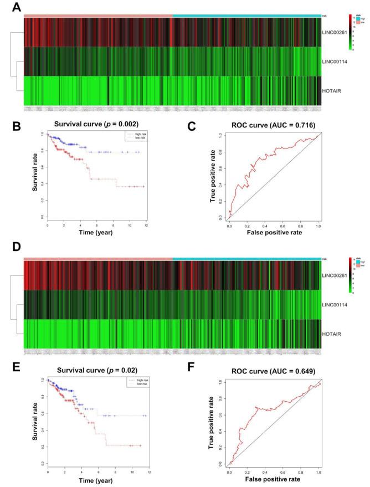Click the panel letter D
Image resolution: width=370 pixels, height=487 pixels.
click(x=16, y=247)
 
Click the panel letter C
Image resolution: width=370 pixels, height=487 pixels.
click(x=191, y=126)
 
